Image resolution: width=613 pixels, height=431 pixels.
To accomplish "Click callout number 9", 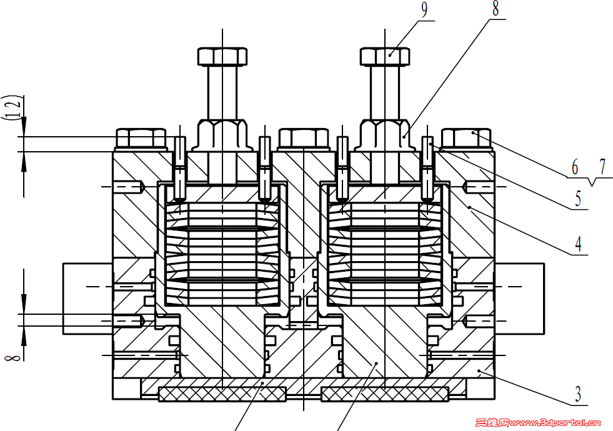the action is tap(424, 10).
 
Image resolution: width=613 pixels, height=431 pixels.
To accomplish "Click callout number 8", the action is tap(496, 9).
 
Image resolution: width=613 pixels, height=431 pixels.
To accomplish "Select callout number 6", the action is tap(575, 167).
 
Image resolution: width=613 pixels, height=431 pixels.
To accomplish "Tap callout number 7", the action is tap(603, 167).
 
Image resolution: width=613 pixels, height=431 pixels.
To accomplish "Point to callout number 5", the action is tap(578, 199).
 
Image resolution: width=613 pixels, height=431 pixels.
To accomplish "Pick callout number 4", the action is tap(578, 244).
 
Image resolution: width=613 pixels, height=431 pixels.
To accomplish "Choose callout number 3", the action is tap(578, 394).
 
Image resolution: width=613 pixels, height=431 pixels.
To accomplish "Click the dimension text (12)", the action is tap(12, 107).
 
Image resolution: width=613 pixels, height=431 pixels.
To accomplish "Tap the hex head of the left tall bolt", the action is tap(222, 56).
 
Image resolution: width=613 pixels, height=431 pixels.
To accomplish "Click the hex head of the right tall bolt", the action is tap(385, 56).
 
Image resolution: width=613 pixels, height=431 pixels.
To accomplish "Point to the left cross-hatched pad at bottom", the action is tap(222, 394).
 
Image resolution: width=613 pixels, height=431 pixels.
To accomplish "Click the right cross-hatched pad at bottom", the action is tap(385, 394).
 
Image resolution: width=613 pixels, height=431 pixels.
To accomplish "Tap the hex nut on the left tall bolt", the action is tap(222, 135).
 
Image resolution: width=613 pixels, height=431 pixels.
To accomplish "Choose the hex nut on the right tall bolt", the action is tap(385, 135).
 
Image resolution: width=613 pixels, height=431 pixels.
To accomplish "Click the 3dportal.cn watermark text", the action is tap(537, 422).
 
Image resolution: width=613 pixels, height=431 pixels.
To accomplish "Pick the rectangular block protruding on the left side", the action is tap(88, 299).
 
